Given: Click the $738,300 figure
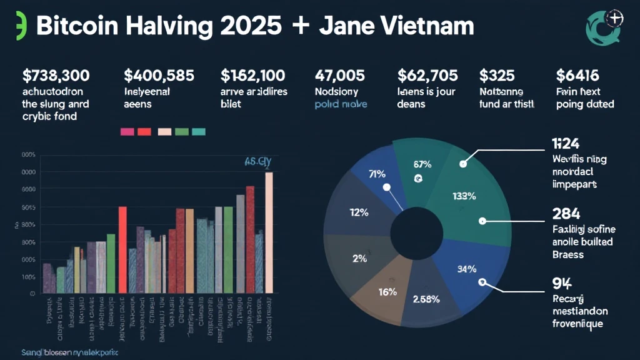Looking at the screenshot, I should tap(56, 76).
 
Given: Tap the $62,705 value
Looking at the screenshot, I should tap(427, 76).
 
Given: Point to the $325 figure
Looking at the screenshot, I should tap(497, 76).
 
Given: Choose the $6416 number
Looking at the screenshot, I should tap(577, 76).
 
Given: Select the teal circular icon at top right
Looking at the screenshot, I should tap(604, 26).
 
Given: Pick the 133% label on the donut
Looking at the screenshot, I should tap(464, 196).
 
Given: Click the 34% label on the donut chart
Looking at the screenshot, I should tap(467, 269).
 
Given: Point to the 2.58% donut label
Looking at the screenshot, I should tap(427, 299).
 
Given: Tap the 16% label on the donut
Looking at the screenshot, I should tap(387, 291).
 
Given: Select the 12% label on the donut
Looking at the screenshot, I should tap(359, 212).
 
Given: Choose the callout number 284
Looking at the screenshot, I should tap(566, 214).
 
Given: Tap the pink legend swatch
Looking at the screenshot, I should tap(127, 132).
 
